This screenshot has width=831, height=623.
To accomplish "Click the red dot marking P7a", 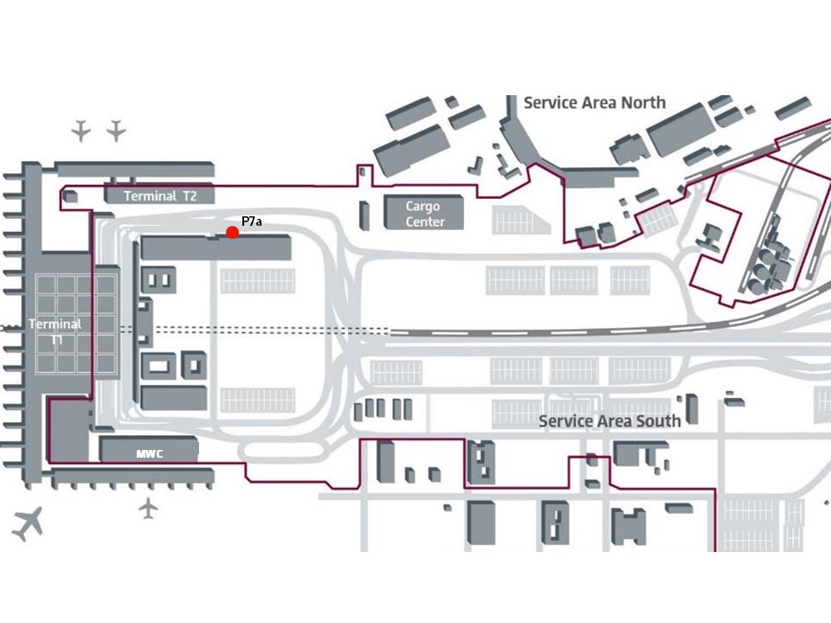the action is (232, 232).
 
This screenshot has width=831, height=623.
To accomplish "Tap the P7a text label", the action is (251, 222).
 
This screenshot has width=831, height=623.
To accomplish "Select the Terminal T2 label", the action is (160, 196).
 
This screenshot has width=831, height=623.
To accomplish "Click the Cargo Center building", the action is (423, 213).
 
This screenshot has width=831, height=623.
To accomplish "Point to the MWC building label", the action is (150, 454).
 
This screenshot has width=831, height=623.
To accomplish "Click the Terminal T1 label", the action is (55, 331).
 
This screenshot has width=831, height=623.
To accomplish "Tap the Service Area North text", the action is (595, 103).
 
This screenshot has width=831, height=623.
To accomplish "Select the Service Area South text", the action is (609, 421).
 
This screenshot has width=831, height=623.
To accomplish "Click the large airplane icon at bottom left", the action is (28, 524).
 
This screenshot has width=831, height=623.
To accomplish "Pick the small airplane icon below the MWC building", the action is (148, 509).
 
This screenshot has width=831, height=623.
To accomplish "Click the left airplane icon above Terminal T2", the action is (81, 131).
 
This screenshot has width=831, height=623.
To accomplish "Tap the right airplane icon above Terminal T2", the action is (116, 131).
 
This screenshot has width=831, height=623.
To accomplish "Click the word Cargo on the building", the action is (423, 206).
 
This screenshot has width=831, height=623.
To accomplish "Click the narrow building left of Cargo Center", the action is (364, 215).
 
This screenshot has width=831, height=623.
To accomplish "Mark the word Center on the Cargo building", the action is (425, 222).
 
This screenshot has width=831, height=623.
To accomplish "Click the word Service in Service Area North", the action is (551, 103).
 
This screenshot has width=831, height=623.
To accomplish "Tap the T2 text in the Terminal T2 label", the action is (190, 196).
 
